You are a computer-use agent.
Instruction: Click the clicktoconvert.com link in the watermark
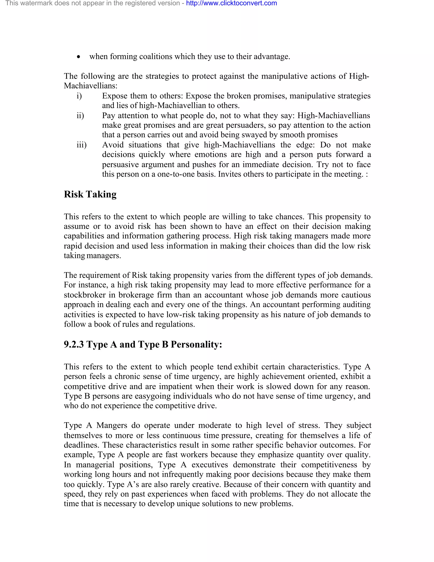[231, 3]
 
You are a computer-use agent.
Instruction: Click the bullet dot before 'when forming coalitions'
[79, 57]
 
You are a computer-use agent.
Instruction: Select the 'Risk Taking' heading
[90, 194]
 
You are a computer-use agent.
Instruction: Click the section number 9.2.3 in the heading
[74, 344]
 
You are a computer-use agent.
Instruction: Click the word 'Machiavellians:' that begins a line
[90, 86]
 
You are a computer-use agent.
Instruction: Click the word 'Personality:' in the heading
[196, 344]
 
